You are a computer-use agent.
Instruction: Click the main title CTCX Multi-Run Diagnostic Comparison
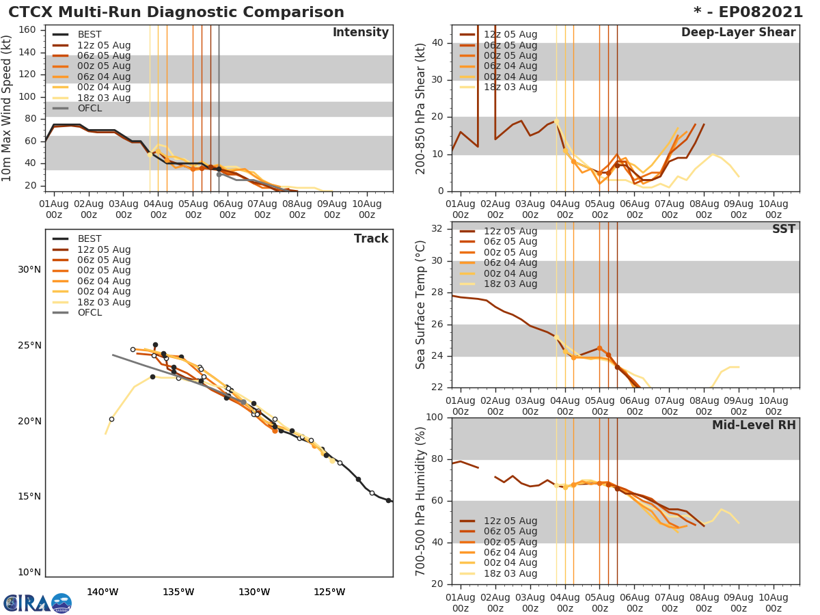coord(176,12)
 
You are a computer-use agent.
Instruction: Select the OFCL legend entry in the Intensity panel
coord(89,109)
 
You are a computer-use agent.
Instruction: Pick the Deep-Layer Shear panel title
coord(738,33)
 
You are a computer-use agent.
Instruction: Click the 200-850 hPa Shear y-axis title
coord(421,108)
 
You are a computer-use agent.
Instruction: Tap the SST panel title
coord(783,229)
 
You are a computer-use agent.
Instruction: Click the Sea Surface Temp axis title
coord(421,305)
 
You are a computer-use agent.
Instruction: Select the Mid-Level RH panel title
coord(754,425)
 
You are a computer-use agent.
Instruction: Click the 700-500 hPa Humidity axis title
coord(421,501)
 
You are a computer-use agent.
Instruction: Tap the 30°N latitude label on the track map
coord(29,269)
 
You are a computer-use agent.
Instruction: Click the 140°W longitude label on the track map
coord(102,592)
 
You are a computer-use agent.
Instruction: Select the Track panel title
coord(370,238)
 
